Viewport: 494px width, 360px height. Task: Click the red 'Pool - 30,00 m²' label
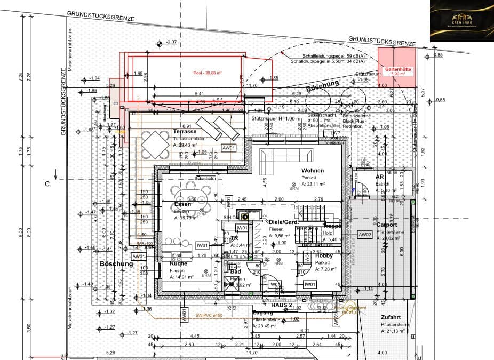(x=208, y=73)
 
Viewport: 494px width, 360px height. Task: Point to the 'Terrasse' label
(x=185, y=131)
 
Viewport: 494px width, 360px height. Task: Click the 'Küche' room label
(x=178, y=263)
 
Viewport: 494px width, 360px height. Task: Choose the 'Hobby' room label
(x=324, y=255)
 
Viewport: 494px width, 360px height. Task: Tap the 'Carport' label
(x=386, y=225)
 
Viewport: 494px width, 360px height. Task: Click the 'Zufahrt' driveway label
(x=391, y=317)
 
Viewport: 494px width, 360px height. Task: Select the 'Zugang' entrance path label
(x=263, y=313)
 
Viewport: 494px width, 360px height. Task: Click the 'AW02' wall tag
(x=365, y=235)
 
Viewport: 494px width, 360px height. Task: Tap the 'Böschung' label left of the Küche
(x=116, y=263)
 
